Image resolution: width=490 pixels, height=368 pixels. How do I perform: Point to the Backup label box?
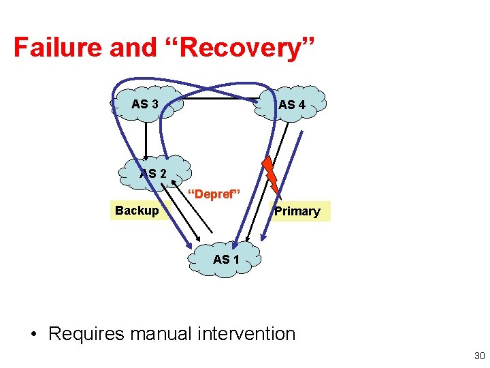[137, 210]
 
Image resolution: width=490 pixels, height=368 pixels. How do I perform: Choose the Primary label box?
[297, 211]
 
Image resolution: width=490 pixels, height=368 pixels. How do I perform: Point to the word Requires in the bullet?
[86, 334]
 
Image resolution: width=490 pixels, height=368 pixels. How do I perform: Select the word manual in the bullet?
[159, 334]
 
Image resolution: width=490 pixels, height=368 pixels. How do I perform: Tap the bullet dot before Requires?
[33, 335]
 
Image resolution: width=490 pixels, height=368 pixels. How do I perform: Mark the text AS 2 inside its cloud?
[153, 174]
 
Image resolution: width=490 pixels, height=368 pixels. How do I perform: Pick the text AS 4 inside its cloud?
[292, 105]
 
